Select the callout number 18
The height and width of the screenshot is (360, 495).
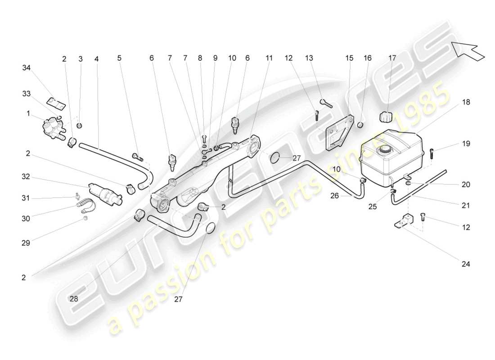pyautogui.click(x=466, y=102)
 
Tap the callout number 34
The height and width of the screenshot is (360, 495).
pyautogui.click(x=27, y=67)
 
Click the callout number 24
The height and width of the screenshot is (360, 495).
pyautogui.click(x=466, y=264)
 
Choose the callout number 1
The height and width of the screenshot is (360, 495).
pyautogui.click(x=28, y=114)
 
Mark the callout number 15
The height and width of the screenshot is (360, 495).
pyautogui.click(x=350, y=58)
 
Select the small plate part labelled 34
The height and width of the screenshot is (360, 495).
pyautogui.click(x=56, y=103)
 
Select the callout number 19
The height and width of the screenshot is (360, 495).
pyautogui.click(x=466, y=144)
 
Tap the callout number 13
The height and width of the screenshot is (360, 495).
pyautogui.click(x=309, y=58)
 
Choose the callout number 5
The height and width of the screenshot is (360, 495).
pyautogui.click(x=119, y=58)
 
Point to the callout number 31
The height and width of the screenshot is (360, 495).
pyautogui.click(x=27, y=198)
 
